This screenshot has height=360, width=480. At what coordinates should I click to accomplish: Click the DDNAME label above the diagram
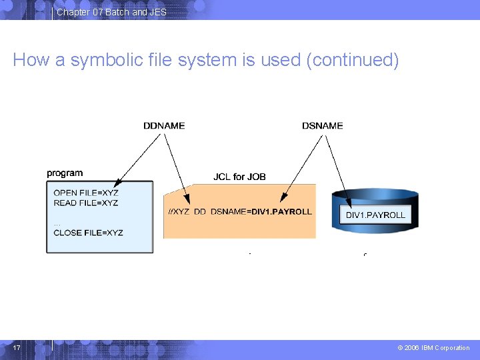(x=164, y=126)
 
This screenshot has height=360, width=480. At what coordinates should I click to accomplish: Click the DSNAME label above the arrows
(x=323, y=126)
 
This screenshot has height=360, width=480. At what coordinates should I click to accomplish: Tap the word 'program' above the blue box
(x=65, y=173)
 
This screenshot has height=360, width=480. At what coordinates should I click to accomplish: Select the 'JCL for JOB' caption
(x=239, y=177)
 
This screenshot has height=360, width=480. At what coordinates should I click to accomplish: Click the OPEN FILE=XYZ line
(x=86, y=193)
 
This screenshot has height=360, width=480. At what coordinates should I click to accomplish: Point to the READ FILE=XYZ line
(x=86, y=203)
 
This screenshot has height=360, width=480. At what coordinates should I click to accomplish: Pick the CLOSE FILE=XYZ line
(x=88, y=233)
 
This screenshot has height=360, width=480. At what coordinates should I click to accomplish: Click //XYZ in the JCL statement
(x=179, y=211)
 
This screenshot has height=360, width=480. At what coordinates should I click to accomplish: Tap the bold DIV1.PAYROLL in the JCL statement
(x=281, y=211)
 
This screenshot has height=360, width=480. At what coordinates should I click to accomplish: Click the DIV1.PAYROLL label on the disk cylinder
(x=375, y=215)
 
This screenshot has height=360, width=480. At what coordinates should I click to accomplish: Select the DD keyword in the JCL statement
(x=199, y=211)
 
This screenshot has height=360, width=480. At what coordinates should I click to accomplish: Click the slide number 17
(x=17, y=347)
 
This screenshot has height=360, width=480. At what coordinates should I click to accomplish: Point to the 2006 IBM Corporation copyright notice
(x=433, y=348)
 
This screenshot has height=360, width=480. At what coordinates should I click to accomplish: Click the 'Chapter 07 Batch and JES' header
(x=111, y=12)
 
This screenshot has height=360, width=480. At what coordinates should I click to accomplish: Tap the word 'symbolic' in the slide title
(x=107, y=60)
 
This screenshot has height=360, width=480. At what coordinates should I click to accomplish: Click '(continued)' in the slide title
(x=353, y=60)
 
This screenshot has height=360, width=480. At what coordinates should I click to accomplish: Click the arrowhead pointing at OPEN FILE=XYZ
(x=117, y=183)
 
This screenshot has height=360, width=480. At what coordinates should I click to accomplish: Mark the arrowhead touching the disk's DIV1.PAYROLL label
(x=348, y=203)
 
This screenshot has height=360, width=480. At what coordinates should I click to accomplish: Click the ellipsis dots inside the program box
(x=57, y=225)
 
